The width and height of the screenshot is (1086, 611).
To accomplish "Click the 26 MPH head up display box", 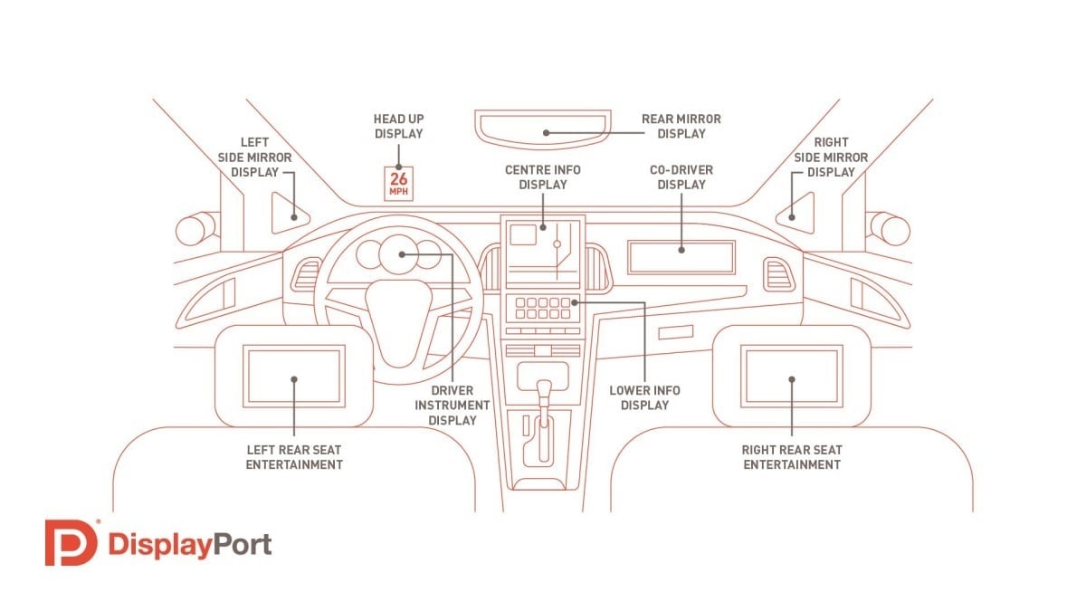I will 399,184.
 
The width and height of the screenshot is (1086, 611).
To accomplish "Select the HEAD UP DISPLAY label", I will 398,126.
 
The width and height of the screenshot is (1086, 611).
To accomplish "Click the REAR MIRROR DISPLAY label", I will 681,126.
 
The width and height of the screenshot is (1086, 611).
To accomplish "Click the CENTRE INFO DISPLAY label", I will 543,177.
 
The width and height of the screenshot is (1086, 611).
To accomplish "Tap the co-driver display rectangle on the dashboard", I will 681,258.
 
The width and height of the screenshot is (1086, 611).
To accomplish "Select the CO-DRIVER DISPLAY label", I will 681,177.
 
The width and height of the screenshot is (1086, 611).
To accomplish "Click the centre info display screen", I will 543,250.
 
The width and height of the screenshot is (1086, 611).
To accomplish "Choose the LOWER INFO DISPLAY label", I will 644,397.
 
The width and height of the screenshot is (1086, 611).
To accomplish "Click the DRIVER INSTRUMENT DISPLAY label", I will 452,405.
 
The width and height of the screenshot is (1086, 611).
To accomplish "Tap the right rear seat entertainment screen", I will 792,376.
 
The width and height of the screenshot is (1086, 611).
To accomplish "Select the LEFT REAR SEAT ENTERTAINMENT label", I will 295,457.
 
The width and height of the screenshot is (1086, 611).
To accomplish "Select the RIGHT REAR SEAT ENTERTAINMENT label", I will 792,457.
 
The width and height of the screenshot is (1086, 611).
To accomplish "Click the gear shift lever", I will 544,398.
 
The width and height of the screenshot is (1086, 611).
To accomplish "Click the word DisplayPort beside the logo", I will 189,544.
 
